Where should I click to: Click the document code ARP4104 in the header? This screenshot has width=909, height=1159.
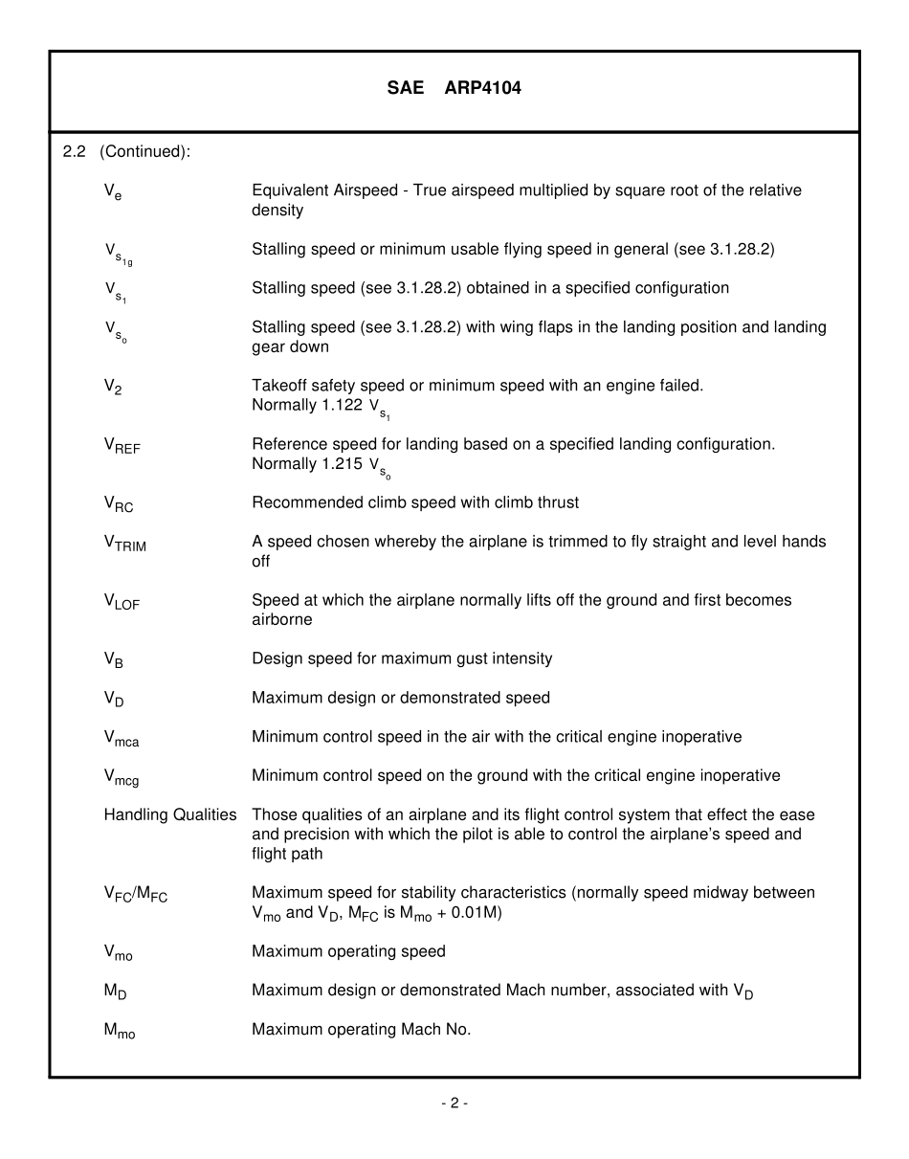483,88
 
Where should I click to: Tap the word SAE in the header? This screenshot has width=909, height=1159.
406,88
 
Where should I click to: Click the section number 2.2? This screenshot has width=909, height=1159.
74,151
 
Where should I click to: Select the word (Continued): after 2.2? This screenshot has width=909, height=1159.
144,151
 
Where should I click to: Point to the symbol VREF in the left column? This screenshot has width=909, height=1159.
122,446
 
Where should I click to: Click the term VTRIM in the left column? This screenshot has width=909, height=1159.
124,543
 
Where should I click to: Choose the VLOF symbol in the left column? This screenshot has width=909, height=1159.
122,602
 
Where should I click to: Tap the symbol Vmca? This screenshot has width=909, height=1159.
122,738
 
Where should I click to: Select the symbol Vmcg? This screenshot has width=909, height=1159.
122,777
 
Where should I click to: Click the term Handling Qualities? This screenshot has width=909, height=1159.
170,814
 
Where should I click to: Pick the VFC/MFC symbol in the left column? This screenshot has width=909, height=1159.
135,894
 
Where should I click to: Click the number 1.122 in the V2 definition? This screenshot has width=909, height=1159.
339,405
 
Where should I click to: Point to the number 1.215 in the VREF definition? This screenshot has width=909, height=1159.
339,463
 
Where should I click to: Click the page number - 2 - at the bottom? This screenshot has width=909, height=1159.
454,1103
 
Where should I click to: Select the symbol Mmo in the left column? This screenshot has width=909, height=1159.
120,1031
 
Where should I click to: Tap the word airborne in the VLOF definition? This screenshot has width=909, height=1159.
281,619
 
